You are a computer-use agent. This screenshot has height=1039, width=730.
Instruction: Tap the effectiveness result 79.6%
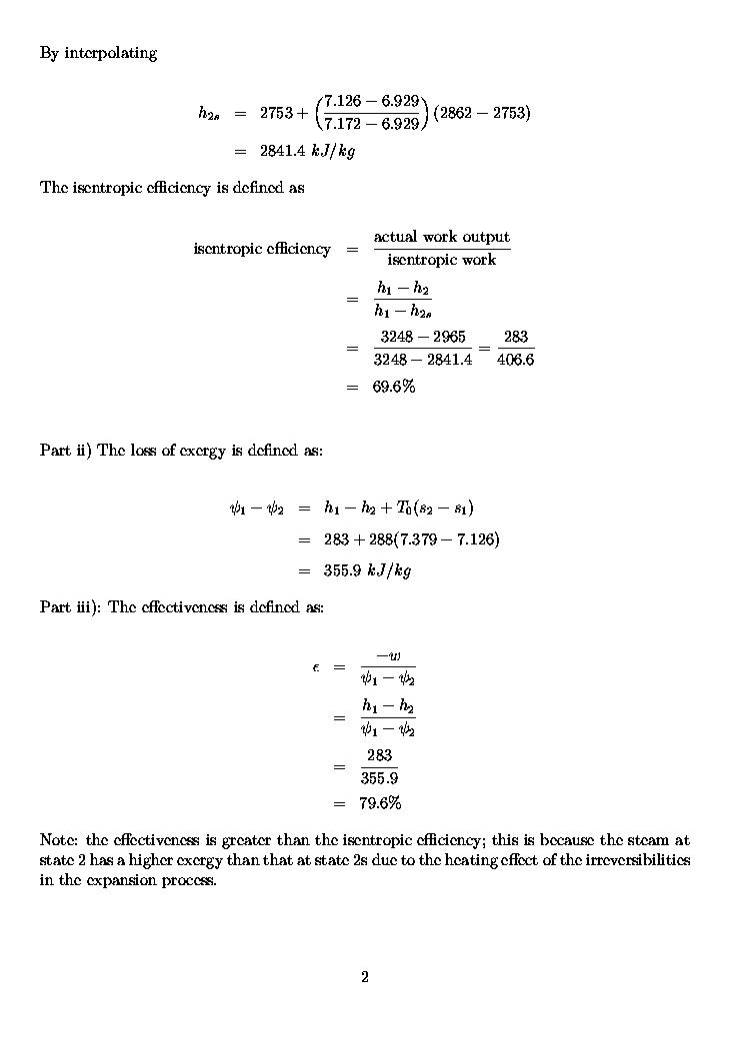[x=380, y=803]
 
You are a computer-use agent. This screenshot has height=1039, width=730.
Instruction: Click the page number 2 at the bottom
[x=365, y=977]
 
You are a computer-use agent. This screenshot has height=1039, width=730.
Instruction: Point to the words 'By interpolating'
[x=98, y=53]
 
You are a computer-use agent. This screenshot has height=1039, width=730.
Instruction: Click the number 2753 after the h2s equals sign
[x=276, y=113]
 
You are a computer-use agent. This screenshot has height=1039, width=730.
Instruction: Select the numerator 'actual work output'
[x=441, y=237]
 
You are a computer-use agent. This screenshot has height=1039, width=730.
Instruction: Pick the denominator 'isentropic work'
[x=441, y=260]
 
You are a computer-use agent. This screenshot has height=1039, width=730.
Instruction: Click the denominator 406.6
[x=515, y=360]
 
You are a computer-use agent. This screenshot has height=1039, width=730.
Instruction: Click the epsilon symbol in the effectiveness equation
[x=316, y=666]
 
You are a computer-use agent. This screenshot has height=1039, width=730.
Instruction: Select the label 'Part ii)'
[x=66, y=451]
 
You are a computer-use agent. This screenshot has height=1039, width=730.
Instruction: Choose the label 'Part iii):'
[x=71, y=606]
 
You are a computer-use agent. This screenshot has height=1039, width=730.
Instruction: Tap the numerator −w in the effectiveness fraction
[x=388, y=655]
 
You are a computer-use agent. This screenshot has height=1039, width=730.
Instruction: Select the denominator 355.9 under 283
[x=379, y=778]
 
